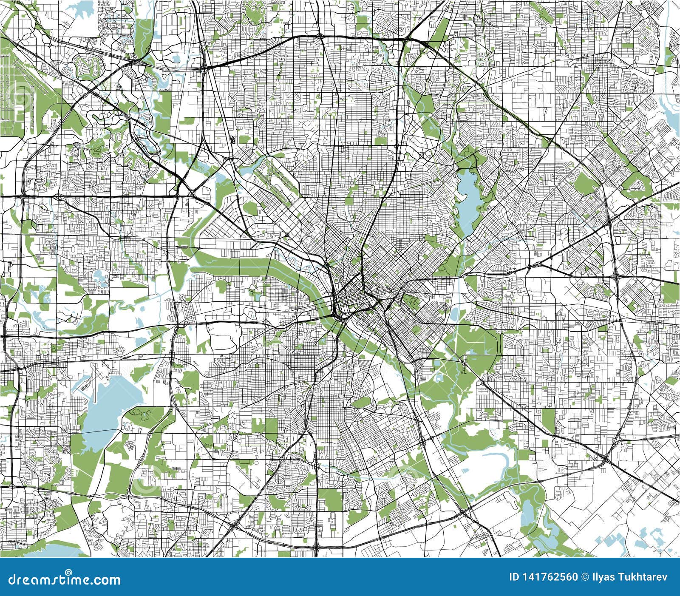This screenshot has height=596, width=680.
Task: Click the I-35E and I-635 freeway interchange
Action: pyautogui.click(x=205, y=67)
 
